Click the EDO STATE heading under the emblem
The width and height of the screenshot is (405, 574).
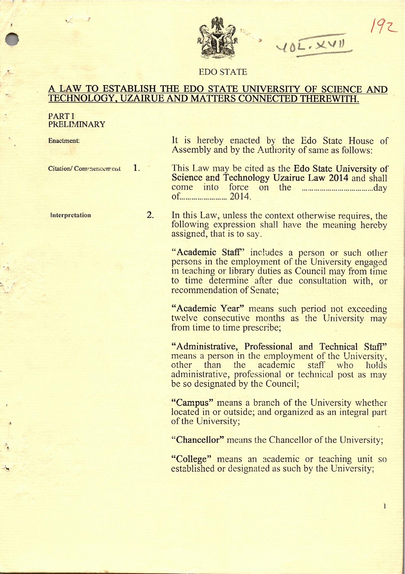coord(223,72)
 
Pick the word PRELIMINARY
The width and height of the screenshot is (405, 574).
coord(77,124)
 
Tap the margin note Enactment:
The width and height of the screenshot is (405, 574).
coord(64,140)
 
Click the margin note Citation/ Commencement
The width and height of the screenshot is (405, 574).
coord(84,169)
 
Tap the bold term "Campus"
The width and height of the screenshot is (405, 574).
coord(192,403)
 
